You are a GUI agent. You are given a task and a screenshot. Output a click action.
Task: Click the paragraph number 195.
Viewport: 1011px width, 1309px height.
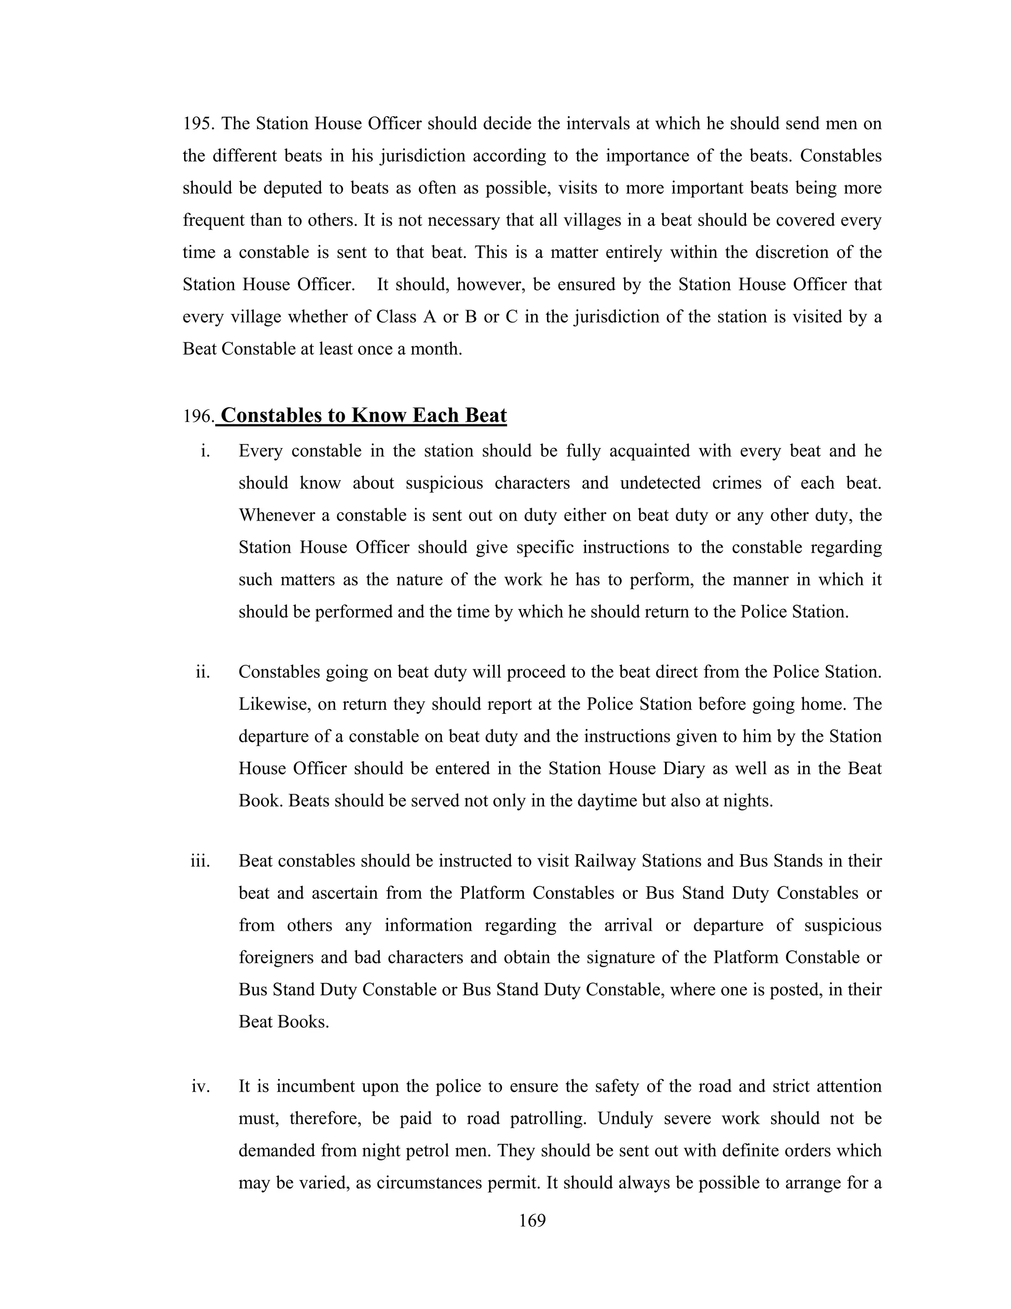click(198, 124)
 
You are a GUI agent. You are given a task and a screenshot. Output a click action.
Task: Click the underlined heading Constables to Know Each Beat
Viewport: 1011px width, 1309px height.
click(363, 415)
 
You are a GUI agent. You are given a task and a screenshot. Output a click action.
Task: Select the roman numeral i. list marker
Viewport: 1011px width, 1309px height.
click(205, 450)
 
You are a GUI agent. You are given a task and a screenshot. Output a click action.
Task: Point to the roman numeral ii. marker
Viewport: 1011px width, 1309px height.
click(203, 672)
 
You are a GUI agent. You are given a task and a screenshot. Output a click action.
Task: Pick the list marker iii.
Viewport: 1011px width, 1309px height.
click(200, 861)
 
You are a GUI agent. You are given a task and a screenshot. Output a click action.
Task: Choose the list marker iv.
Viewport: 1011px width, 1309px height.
click(201, 1087)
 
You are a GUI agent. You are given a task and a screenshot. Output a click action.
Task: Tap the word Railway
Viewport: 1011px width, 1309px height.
click(605, 861)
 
